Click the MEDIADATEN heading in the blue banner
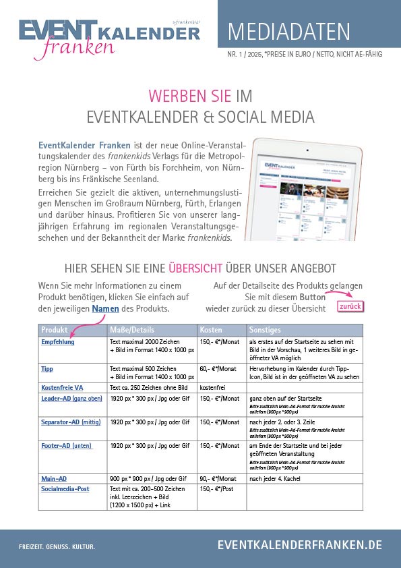[x=289, y=32]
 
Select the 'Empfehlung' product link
[x=58, y=342]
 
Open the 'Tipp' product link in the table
[x=47, y=369]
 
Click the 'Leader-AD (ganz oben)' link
[x=72, y=399]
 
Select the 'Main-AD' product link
[x=54, y=478]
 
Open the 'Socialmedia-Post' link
[x=65, y=488]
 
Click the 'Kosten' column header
[x=212, y=330]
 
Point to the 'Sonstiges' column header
[x=264, y=330]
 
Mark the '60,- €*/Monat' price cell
[x=218, y=369]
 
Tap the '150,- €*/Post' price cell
[x=218, y=488]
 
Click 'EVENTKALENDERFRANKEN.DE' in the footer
[x=299, y=544]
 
